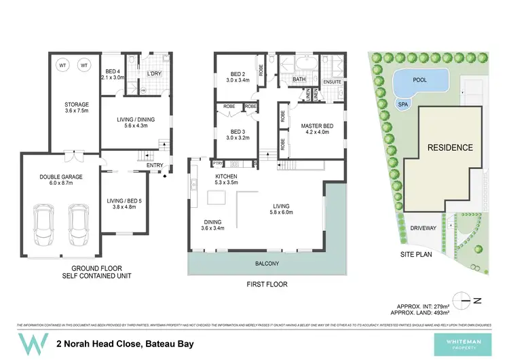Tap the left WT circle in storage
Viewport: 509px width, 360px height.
tap(62, 65)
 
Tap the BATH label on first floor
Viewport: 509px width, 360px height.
tap(299, 79)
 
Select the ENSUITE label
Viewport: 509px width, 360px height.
tap(332, 82)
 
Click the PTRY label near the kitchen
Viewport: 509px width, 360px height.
tap(218, 164)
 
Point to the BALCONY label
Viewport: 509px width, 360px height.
tap(267, 263)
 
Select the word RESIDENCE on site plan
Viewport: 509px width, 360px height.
tap(449, 147)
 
